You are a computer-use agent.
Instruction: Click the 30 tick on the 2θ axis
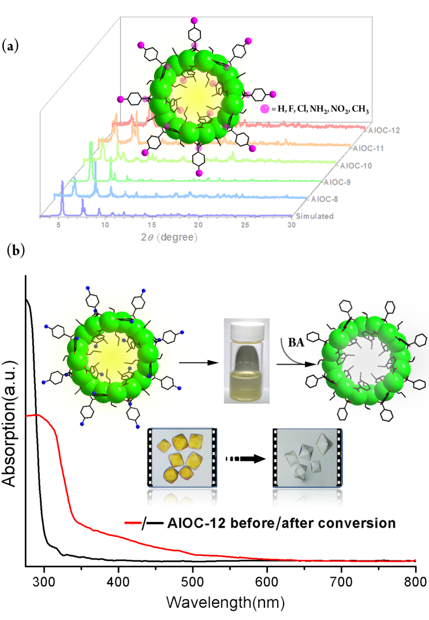[x=292, y=226]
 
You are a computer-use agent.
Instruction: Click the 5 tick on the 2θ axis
[x=58, y=226]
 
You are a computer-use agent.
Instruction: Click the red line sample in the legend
[x=135, y=524]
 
